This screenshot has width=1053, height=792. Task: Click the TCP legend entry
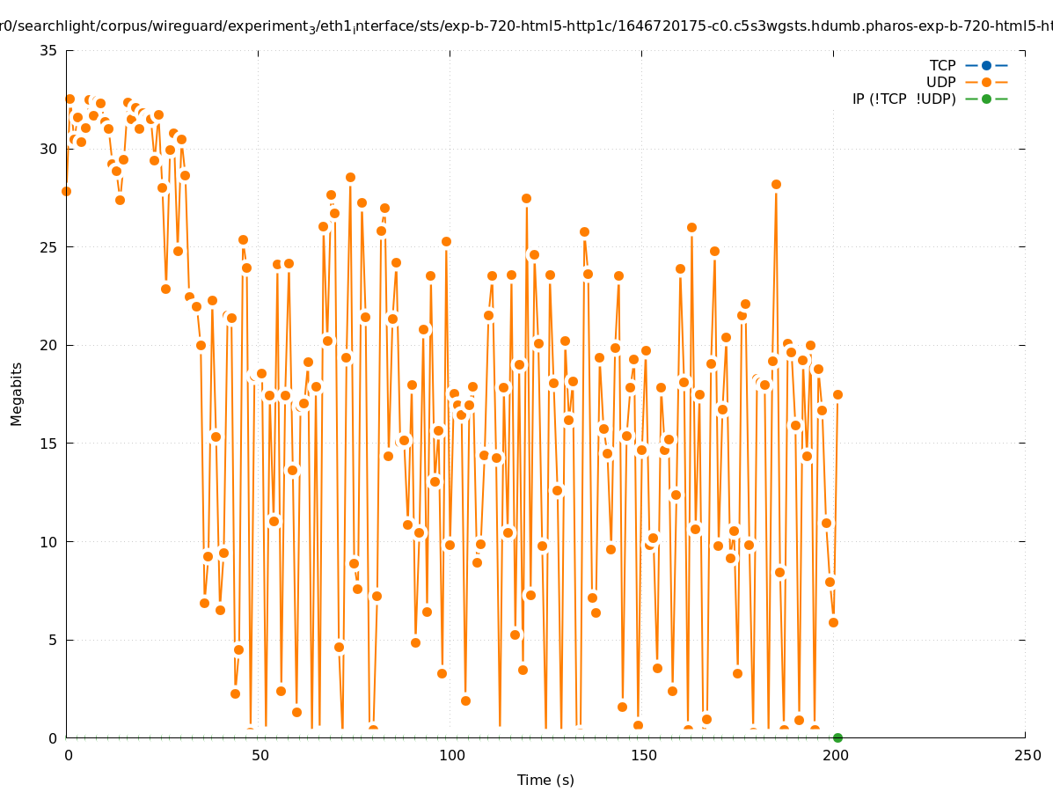point(942,65)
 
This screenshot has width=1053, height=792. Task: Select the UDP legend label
point(940,82)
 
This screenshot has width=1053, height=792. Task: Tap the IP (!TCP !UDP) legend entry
point(903,99)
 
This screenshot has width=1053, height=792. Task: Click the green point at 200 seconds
point(837,737)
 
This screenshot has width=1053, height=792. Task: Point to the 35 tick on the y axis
point(49,50)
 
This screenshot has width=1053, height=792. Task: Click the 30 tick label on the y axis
point(49,149)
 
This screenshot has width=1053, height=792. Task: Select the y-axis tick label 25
point(49,247)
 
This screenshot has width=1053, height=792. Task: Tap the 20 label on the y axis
point(49,345)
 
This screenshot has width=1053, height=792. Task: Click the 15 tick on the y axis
point(49,444)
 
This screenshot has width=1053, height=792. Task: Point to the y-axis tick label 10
point(49,542)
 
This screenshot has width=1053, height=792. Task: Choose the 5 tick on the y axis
point(54,640)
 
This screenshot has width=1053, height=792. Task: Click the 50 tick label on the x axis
point(260,755)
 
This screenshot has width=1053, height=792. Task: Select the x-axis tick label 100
point(451,755)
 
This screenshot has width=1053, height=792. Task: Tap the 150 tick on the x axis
point(643,755)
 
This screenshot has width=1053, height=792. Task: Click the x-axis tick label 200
point(835,755)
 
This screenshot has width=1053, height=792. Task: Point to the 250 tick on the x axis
point(1027,755)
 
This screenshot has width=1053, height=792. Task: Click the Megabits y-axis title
point(17,393)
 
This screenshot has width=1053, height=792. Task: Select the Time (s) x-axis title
point(545,780)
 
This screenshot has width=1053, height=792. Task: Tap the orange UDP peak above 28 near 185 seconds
point(776,184)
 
